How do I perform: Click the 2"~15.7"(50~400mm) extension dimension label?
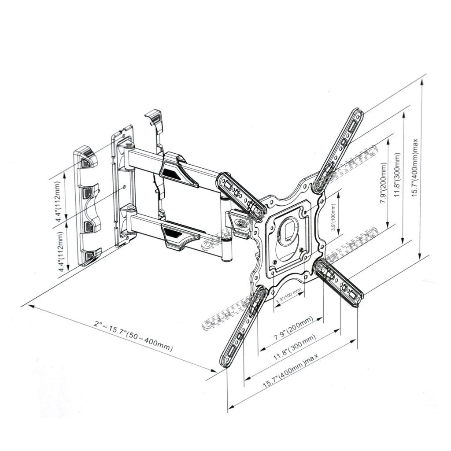coord(133,336)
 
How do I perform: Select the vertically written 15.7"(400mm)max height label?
coord(415,168)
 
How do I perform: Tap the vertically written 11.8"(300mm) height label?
coord(398,174)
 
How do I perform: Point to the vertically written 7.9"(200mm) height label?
coord(384,183)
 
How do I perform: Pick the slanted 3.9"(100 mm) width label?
coord(288,296)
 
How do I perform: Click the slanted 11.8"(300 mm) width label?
coord(294,347)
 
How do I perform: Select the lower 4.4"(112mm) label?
coord(61,252)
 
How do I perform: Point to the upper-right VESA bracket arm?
coord(338,150)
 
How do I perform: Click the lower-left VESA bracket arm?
coord(244,327)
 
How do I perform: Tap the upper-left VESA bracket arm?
coord(241,193)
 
